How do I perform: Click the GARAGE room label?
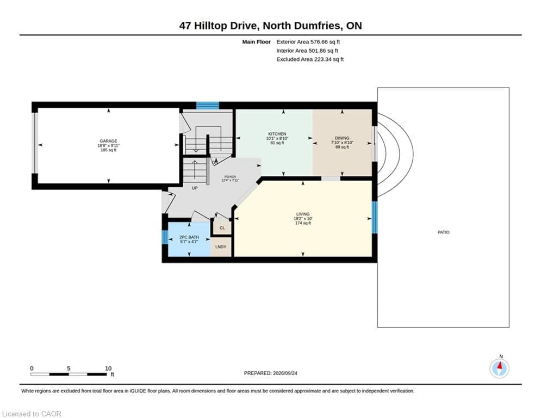pyautogui.click(x=108, y=141)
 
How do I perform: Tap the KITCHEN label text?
pyautogui.click(x=277, y=134)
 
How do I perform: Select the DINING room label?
pyautogui.click(x=342, y=138)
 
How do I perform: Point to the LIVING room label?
pyautogui.click(x=303, y=214)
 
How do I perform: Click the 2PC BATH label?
pyautogui.click(x=189, y=237)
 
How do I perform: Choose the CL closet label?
pyautogui.click(x=222, y=228)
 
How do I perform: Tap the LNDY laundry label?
pyautogui.click(x=221, y=247)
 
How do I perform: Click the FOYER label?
pyautogui.click(x=230, y=177)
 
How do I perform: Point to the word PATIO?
pyautogui.click(x=443, y=232)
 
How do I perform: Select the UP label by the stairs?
pyautogui.click(x=195, y=188)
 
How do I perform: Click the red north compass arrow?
pyautogui.click(x=500, y=366)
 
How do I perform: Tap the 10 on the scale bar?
pyautogui.click(x=108, y=368)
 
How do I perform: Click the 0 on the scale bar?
pyautogui.click(x=32, y=368)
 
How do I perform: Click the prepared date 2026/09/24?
pyautogui.click(x=285, y=373)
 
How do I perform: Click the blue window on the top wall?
pyautogui.click(x=208, y=106)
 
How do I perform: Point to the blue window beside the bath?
pyautogui.click(x=165, y=237)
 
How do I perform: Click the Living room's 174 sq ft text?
pyautogui.click(x=303, y=223)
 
